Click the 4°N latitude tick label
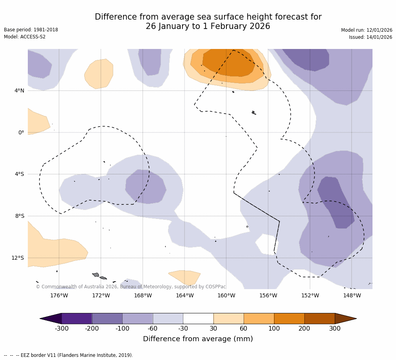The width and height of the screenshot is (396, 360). coord(19,91)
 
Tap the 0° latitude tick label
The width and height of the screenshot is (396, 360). coord(21,132)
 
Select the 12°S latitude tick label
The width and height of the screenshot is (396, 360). coord(18,258)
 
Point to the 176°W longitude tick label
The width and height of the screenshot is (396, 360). coord(59,295)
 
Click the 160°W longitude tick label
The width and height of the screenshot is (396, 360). coord(226,295)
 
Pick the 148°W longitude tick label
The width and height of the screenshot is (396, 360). coord(352,295)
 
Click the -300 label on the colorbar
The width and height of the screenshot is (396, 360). coord(61,328)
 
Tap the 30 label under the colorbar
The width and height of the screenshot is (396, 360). coord(213,328)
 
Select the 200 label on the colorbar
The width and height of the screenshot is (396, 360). coord(304,328)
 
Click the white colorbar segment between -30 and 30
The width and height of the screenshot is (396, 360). coord(198,318)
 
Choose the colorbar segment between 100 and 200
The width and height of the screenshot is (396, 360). coord(289,318)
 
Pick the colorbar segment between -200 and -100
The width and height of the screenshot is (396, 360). coord(107,318)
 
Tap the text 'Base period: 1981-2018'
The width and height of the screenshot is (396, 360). coord(31,30)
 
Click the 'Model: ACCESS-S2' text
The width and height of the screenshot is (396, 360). coord(25,37)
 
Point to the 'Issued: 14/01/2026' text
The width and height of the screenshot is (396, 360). coord(371,37)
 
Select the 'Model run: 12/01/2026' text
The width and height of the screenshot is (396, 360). coord(367,30)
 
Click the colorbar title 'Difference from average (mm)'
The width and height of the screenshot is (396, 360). coord(198,339)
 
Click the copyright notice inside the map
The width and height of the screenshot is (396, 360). coord(131,287)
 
